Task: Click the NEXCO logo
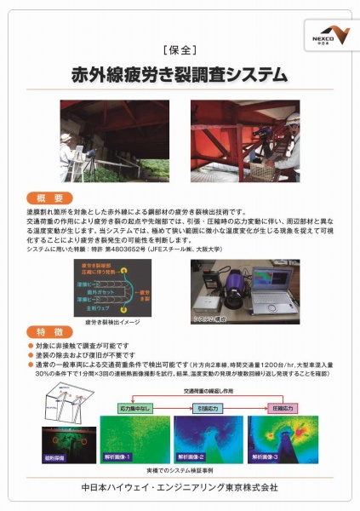tap(327, 37)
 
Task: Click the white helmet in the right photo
tap(291, 118)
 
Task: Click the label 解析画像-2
tap(200, 458)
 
